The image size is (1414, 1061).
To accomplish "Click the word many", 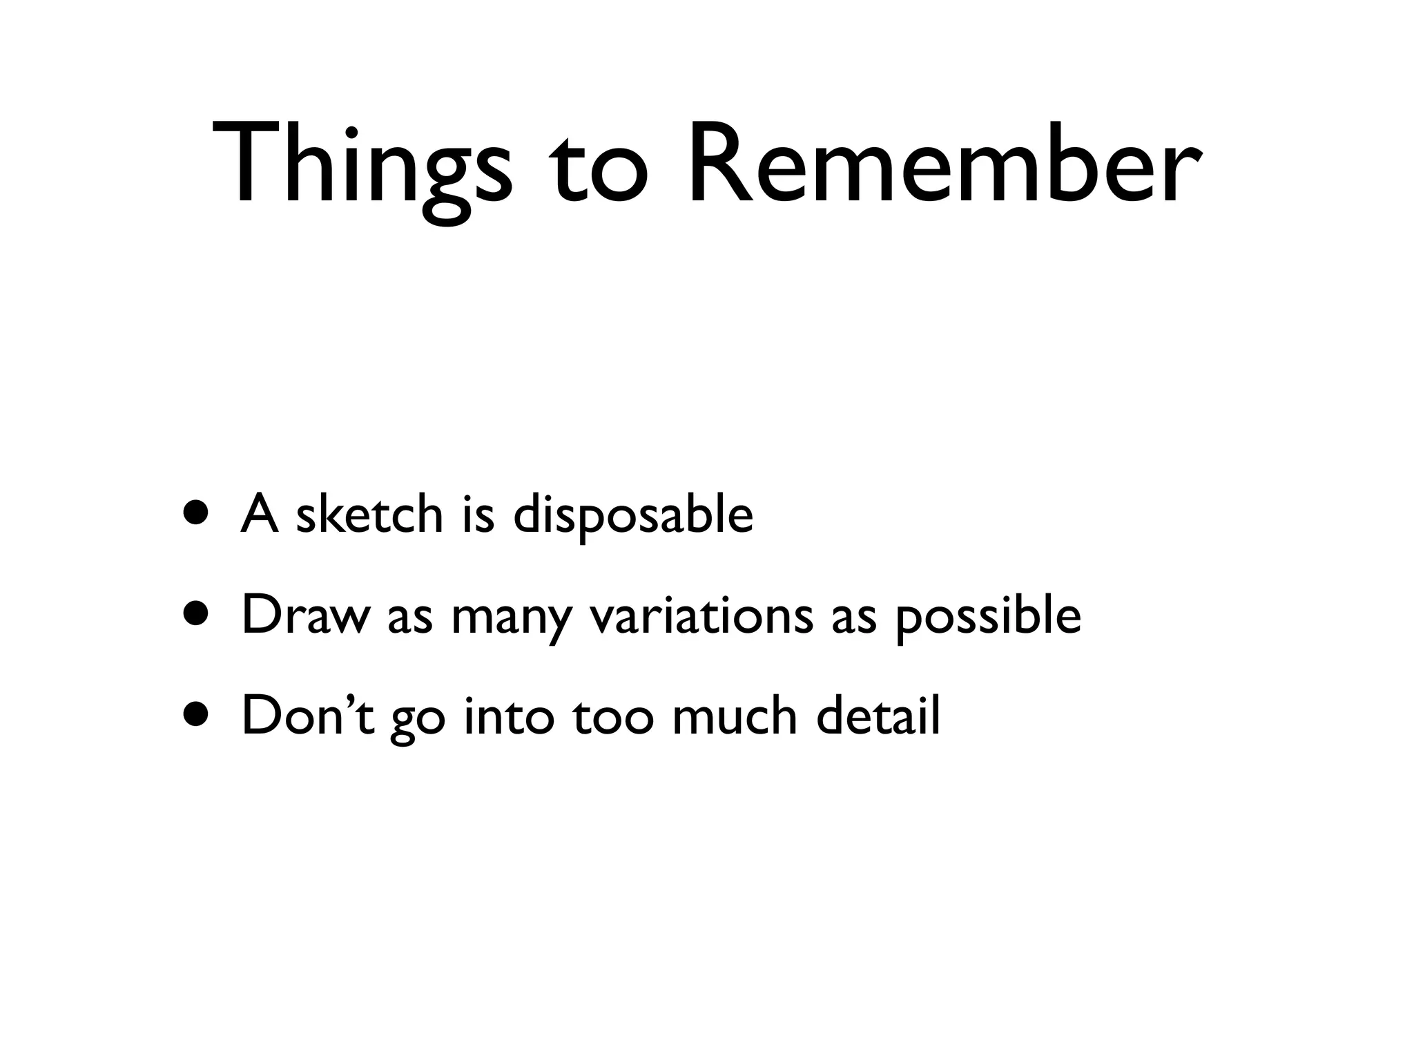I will point(511,618).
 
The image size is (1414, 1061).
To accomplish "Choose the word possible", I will point(988,617).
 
